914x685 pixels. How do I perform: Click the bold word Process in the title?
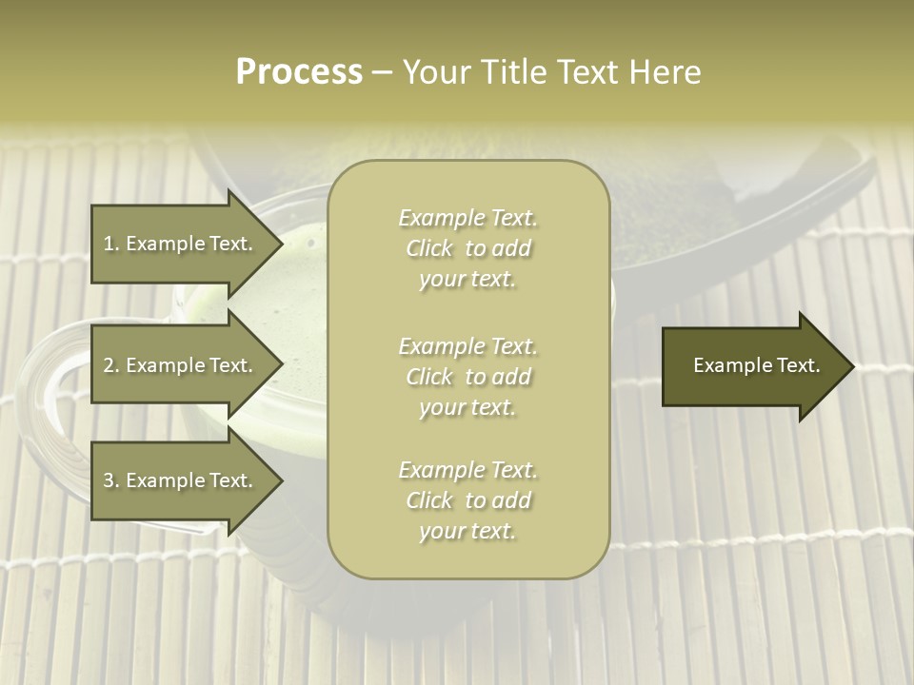[299, 72]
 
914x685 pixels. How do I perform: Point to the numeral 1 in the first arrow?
[109, 244]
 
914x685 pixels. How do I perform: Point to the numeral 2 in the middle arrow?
[109, 365]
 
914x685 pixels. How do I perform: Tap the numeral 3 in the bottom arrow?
[109, 481]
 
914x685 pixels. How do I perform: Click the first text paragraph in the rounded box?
[467, 248]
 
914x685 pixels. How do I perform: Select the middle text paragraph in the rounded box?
[467, 377]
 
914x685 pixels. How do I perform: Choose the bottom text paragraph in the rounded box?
[467, 500]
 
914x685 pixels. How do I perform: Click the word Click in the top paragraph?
[429, 249]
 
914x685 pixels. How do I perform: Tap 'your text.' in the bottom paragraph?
[467, 532]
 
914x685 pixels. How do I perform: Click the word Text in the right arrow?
[798, 365]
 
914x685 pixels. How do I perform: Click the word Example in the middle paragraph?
[441, 346]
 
